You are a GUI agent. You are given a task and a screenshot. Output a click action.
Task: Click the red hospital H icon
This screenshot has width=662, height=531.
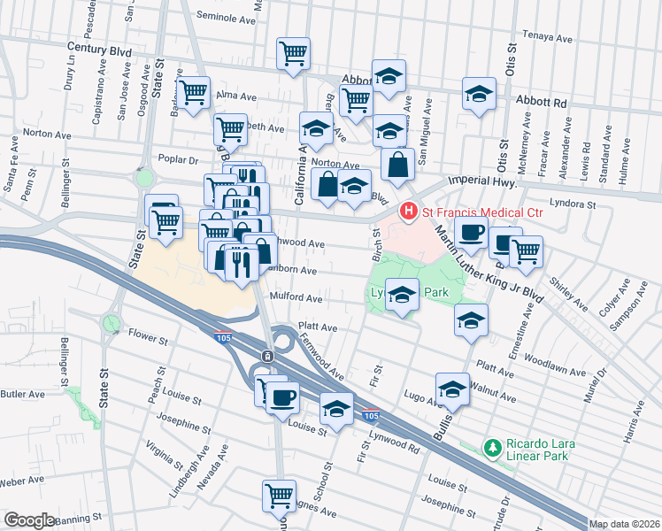pos(408,212)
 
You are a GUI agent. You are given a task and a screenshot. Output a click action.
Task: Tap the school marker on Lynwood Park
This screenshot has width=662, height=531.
pos(402,296)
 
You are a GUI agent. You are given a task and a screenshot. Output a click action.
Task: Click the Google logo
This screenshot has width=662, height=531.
pos(29,520)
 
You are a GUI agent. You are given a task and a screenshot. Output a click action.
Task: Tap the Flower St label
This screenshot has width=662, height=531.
pos(148,338)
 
